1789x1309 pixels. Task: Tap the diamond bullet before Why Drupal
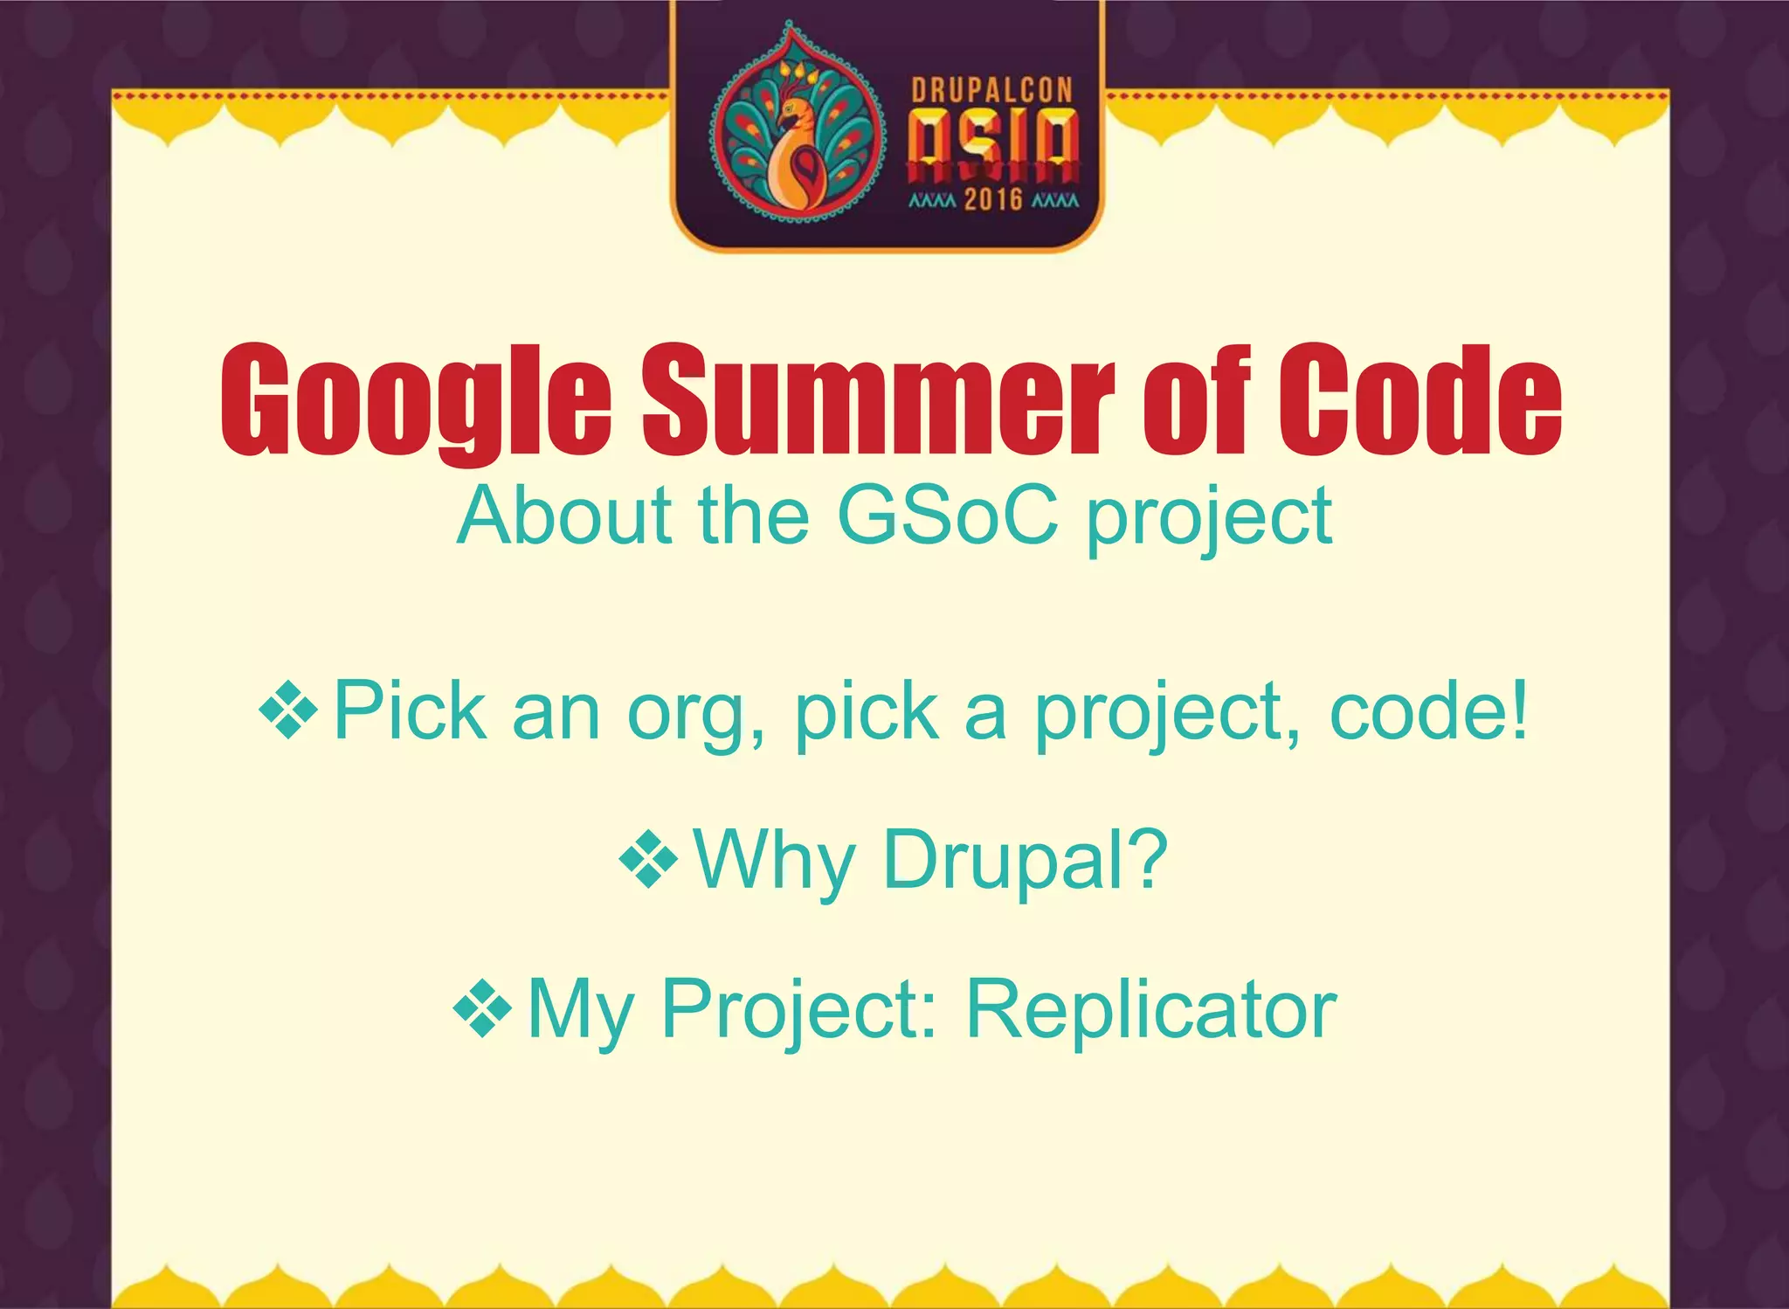[648, 860]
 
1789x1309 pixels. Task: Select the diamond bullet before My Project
[483, 1009]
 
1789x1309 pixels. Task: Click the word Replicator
[1151, 1009]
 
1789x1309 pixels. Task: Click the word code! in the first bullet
[1429, 711]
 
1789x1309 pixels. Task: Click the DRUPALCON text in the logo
[991, 91]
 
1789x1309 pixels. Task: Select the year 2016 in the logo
[993, 200]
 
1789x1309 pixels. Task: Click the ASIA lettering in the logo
[993, 144]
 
